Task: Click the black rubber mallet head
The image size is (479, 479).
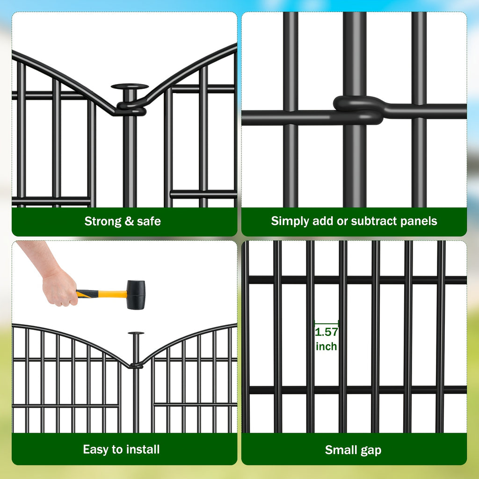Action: tap(136, 295)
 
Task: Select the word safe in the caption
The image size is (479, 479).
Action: tap(149, 221)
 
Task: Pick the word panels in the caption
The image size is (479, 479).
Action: tap(419, 221)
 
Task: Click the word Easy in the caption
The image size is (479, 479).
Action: tap(95, 450)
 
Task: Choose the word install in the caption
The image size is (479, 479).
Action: tap(142, 450)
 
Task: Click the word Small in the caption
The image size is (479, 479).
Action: tap(341, 450)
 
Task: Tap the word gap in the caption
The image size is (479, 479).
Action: tap(371, 451)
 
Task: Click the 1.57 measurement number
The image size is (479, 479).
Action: tap(326, 333)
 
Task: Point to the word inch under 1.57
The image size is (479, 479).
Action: tap(326, 347)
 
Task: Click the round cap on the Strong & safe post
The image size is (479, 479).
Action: tap(130, 87)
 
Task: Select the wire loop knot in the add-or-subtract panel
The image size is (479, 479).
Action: tap(358, 109)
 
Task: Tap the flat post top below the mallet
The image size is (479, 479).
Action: tap(136, 333)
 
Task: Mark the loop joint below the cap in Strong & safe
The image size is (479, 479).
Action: tap(131, 109)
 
